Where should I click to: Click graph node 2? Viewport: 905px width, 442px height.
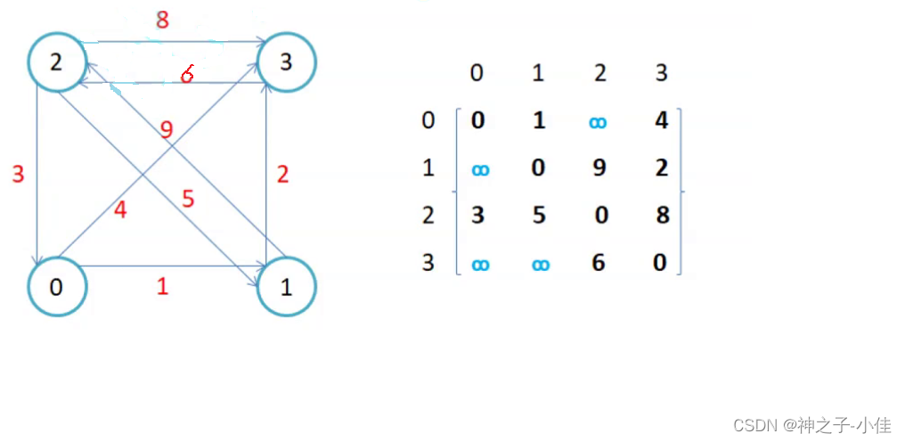pyautogui.click(x=57, y=62)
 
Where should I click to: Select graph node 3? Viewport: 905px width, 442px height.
pyautogui.click(x=287, y=62)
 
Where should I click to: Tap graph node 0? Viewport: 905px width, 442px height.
pyautogui.click(x=57, y=287)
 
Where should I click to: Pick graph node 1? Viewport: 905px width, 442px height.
pyautogui.click(x=287, y=287)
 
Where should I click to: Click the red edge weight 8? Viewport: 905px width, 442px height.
pyautogui.click(x=161, y=20)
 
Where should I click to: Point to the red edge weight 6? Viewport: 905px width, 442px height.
pyautogui.click(x=186, y=75)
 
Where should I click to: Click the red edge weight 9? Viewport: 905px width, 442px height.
pyautogui.click(x=166, y=130)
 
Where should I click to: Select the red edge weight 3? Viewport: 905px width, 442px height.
pyautogui.click(x=18, y=174)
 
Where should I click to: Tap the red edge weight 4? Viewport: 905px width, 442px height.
pyautogui.click(x=120, y=211)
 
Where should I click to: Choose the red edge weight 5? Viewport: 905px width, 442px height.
pyautogui.click(x=188, y=198)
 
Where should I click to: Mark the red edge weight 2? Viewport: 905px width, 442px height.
pyautogui.click(x=283, y=174)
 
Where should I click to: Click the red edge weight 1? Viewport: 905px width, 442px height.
pyautogui.click(x=161, y=287)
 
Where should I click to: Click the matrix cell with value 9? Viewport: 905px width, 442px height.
pyautogui.click(x=599, y=168)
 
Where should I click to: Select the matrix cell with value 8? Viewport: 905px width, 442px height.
pyautogui.click(x=662, y=215)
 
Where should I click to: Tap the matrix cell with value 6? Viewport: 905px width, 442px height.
pyautogui.click(x=599, y=263)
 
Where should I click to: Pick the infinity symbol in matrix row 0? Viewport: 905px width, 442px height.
pyautogui.click(x=599, y=121)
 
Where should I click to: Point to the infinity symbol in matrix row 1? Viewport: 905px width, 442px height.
pyautogui.click(x=479, y=169)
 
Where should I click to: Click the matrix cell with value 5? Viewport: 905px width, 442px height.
pyautogui.click(x=538, y=215)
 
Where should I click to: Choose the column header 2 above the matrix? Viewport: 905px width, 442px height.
pyautogui.click(x=599, y=73)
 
